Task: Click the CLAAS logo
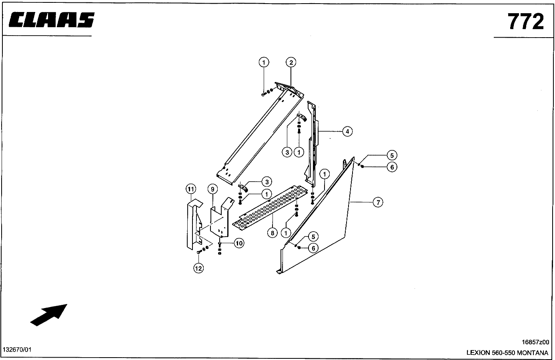pyautogui.click(x=51, y=20)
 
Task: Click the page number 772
pyautogui.click(x=526, y=22)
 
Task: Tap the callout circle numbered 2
pyautogui.click(x=291, y=62)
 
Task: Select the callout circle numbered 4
pyautogui.click(x=347, y=131)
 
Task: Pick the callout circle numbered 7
pyautogui.click(x=378, y=202)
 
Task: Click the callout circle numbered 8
pyautogui.click(x=272, y=232)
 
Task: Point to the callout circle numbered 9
pyautogui.click(x=212, y=189)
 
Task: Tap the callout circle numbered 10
pyautogui.click(x=239, y=243)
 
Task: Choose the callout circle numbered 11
pyautogui.click(x=190, y=189)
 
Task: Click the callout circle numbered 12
pyautogui.click(x=198, y=268)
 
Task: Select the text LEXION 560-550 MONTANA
pyautogui.click(x=507, y=353)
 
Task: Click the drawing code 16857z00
pyautogui.click(x=535, y=342)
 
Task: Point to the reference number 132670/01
pyautogui.click(x=17, y=350)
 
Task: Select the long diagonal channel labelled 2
pyautogui.click(x=260, y=134)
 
